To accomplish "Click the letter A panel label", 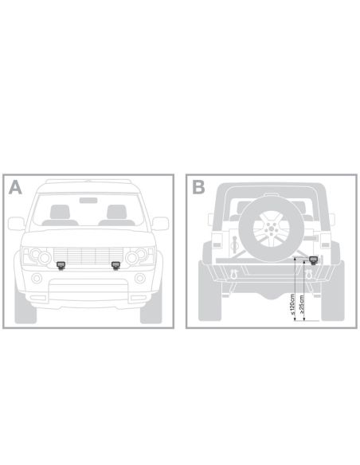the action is pos(15,187).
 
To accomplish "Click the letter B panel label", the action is pos(198,187).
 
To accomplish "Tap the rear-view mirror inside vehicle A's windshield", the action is pos(88,200).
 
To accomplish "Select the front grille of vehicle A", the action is pos(88,255).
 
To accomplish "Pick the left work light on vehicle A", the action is pos(61,265).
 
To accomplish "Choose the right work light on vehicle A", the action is pos(115,265).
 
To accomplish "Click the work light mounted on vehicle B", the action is pos(313,260).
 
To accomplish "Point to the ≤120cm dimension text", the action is pos(292,305).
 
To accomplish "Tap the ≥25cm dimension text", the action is pos(302,304).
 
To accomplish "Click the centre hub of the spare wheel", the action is pos(271,229).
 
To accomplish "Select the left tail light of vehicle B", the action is pos(217,240).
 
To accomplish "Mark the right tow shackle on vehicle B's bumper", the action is pos(309,273).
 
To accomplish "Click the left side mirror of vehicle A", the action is pos(16,224).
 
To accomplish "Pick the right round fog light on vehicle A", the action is pos(140,279).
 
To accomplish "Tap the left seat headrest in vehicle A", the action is pos(60,212).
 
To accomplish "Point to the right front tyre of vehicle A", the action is pos(151,307).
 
